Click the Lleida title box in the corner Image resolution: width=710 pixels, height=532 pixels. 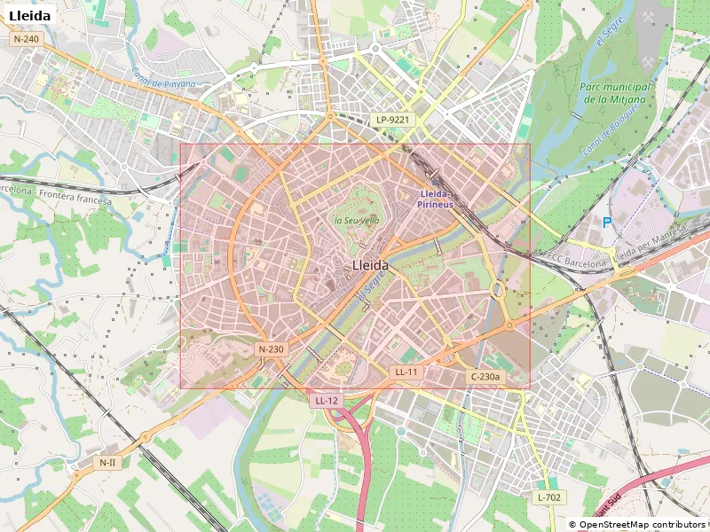tap(29, 15)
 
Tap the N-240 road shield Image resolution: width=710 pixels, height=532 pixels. tap(27, 39)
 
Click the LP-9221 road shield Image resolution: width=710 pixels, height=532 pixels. tap(392, 119)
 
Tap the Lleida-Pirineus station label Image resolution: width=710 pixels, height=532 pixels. tap(436, 199)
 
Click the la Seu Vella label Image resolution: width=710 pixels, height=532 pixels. tap(357, 220)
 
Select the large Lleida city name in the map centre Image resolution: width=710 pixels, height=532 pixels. tap(370, 265)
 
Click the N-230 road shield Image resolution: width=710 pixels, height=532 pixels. tap(272, 349)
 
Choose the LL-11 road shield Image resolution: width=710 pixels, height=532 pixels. tap(406, 372)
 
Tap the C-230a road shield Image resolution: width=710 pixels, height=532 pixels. tap(485, 377)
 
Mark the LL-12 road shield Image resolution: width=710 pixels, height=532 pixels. tap(327, 401)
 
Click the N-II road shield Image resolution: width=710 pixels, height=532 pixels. tap(107, 462)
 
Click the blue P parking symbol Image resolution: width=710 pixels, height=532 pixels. tap(607, 223)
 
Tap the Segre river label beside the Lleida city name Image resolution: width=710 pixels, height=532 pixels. tap(370, 286)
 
